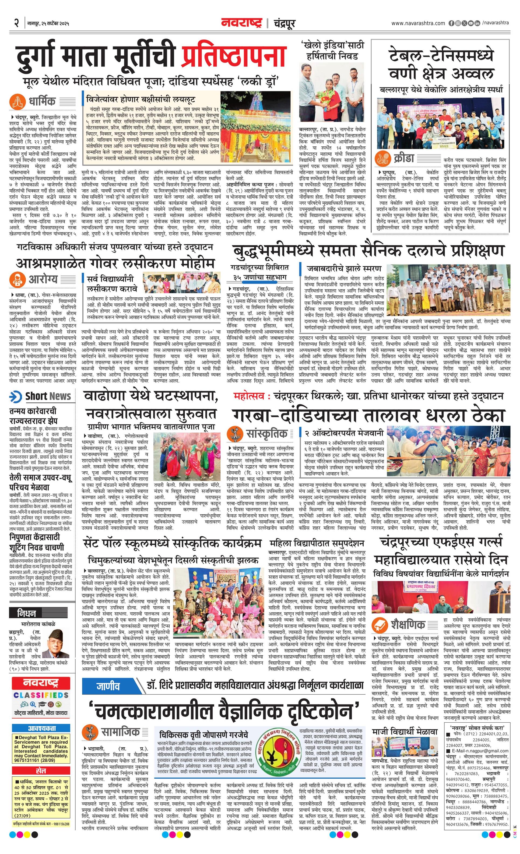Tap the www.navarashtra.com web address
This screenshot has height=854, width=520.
(x=418, y=23)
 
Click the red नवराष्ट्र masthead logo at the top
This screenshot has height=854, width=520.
(x=241, y=23)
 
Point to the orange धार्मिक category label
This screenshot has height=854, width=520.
(x=42, y=101)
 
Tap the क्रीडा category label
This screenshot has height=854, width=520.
(x=403, y=159)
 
